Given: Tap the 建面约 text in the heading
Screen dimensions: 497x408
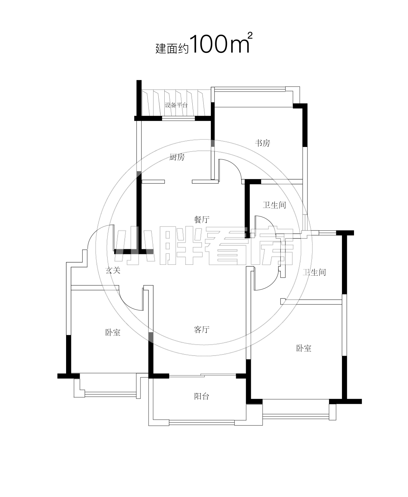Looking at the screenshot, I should pyautogui.click(x=172, y=48).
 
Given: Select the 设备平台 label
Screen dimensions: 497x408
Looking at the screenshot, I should pyautogui.click(x=176, y=105).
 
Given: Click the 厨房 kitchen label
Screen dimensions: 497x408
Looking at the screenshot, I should pyautogui.click(x=177, y=157).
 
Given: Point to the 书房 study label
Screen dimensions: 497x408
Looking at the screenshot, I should pyautogui.click(x=263, y=143).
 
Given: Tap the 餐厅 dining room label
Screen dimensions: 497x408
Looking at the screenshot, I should pyautogui.click(x=201, y=219).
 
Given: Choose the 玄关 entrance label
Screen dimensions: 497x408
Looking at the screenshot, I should pyautogui.click(x=113, y=270).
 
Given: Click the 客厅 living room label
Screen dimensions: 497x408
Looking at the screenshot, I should pyautogui.click(x=201, y=330).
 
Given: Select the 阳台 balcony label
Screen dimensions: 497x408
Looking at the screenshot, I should pyautogui.click(x=201, y=397).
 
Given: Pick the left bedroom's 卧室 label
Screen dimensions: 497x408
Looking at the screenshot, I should pyautogui.click(x=113, y=333).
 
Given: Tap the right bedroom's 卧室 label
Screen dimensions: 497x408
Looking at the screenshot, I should pyautogui.click(x=304, y=348).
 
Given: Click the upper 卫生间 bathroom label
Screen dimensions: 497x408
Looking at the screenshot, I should pyautogui.click(x=274, y=205).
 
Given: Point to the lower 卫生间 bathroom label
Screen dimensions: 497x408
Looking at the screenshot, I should pyautogui.click(x=314, y=272).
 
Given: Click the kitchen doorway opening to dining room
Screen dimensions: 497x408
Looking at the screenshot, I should pyautogui.click(x=178, y=182).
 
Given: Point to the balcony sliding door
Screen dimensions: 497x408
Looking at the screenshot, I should pyautogui.click(x=202, y=375).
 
